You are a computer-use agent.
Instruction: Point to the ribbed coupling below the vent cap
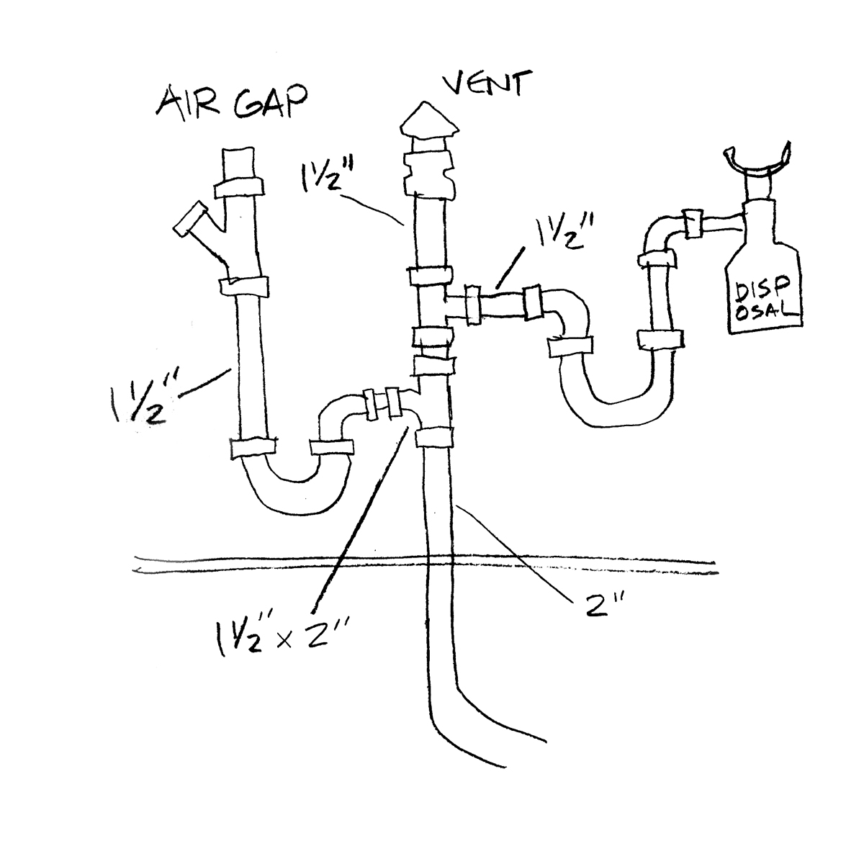[x=429, y=176]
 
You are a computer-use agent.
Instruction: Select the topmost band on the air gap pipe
[x=240, y=189]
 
